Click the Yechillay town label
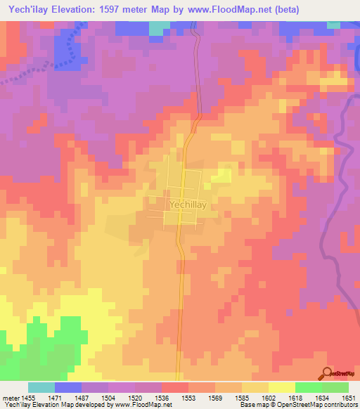tap(188, 204)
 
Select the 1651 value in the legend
tap(348, 398)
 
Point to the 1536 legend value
tap(162, 398)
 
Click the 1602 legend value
tap(268, 398)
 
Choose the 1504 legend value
tap(108, 398)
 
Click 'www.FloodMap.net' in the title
tap(232, 10)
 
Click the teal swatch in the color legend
tap(41, 387)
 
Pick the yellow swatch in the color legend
tap(282, 387)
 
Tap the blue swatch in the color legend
tap(68, 387)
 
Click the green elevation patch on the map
tap(60, 341)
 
